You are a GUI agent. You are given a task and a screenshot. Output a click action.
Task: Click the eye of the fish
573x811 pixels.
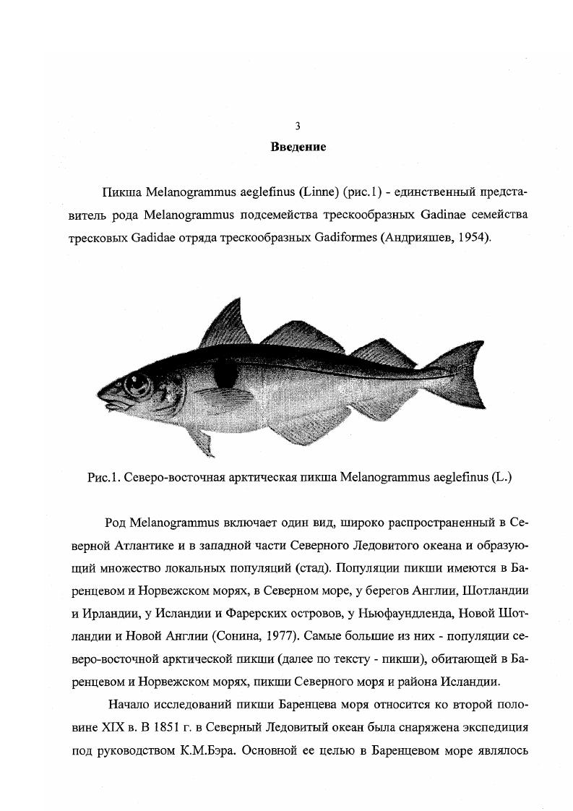click(x=137, y=384)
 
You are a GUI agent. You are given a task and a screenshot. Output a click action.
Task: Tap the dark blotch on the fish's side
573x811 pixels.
click(x=226, y=374)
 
